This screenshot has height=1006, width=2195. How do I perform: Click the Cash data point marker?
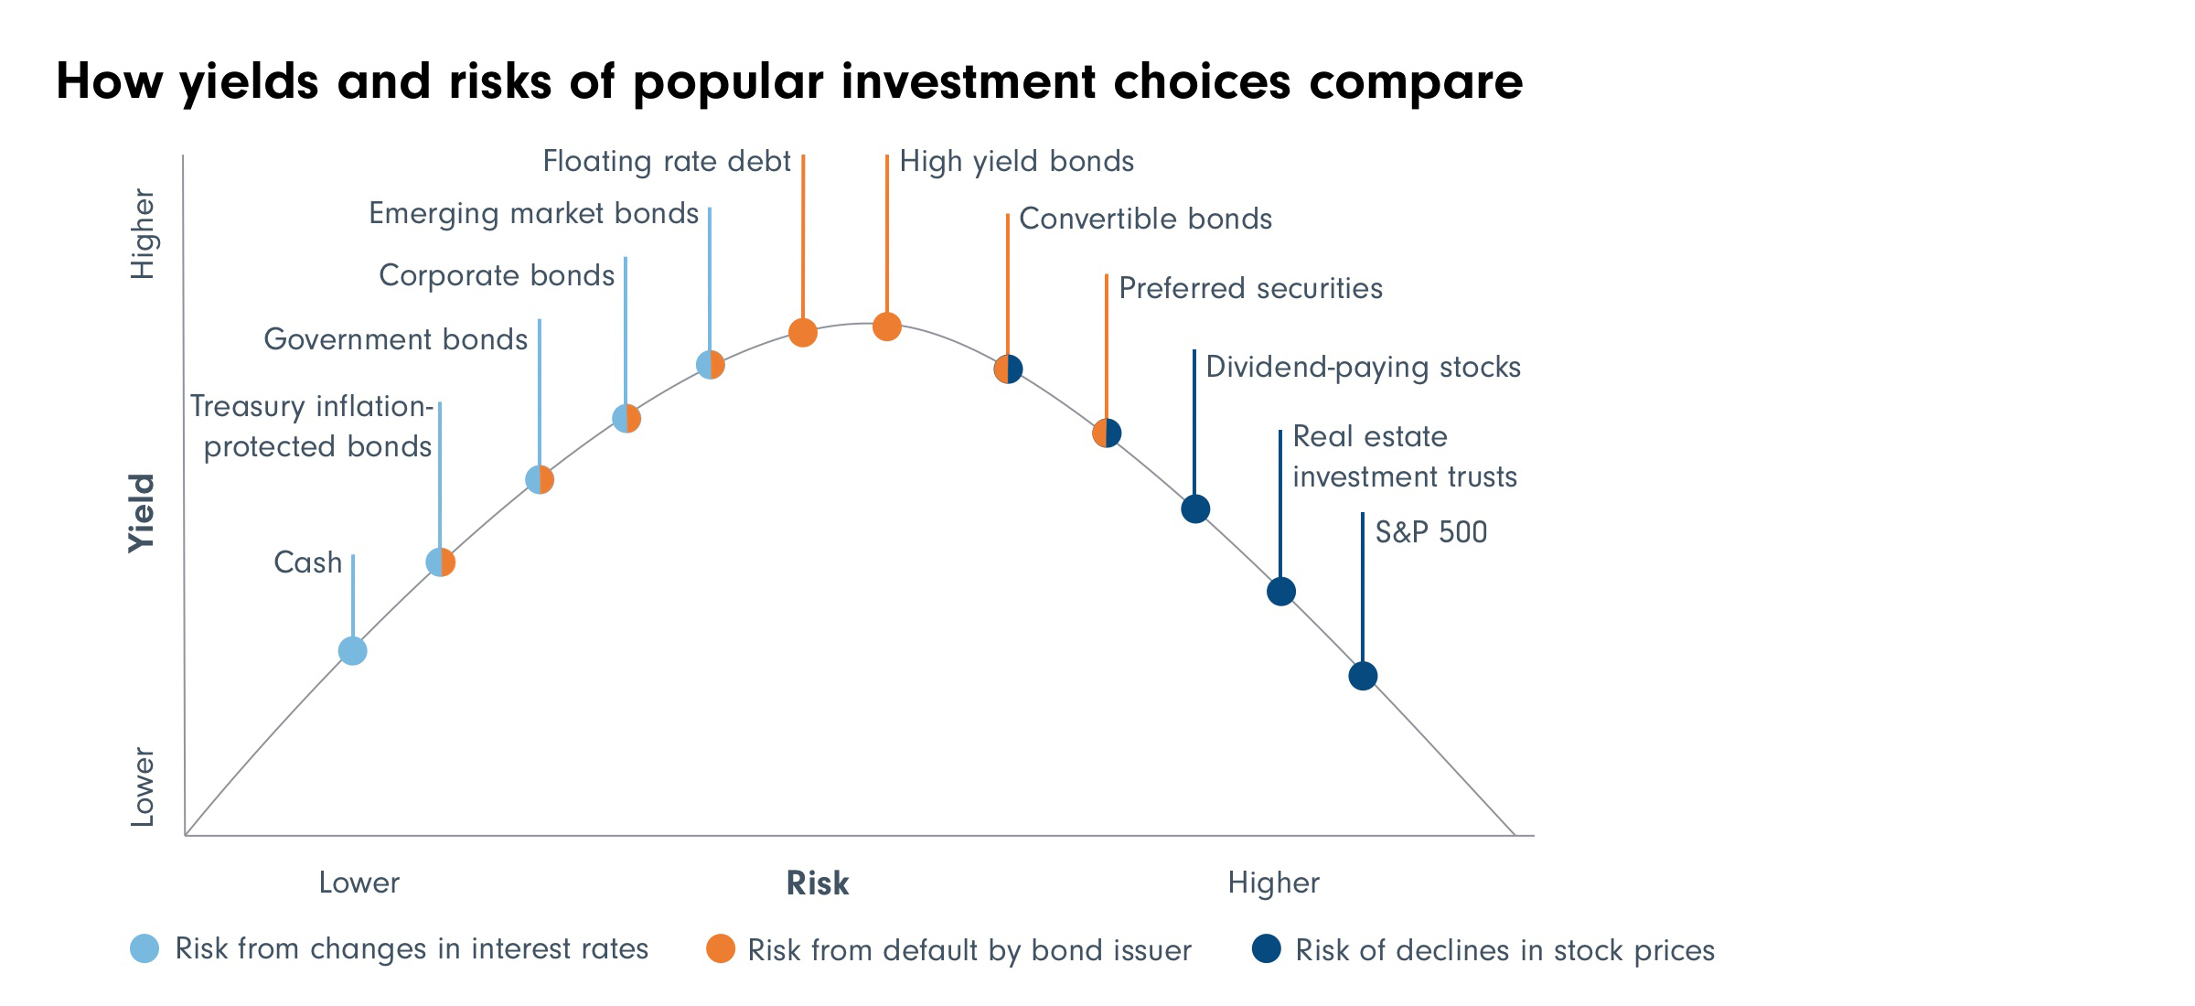[352, 651]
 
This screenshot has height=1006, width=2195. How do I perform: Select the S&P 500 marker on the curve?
[1363, 676]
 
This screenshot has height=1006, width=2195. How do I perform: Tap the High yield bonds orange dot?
[886, 326]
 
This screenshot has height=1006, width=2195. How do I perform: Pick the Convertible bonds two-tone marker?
[1008, 369]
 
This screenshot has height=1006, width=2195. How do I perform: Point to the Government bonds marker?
[540, 479]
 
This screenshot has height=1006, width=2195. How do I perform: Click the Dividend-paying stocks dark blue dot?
[1195, 508]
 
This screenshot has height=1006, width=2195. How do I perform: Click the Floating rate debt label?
[666, 162]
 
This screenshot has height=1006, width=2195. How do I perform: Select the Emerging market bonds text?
[533, 214]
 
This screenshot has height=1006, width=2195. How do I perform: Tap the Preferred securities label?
[1250, 289]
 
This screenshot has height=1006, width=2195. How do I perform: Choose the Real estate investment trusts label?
[1404, 456]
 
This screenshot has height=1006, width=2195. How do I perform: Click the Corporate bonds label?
[497, 276]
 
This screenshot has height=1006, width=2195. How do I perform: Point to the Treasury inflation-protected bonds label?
[312, 426]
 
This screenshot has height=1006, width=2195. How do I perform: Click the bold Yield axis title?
[142, 513]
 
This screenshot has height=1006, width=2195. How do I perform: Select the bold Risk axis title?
[818, 883]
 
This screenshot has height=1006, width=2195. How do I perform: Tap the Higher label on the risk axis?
[1273, 883]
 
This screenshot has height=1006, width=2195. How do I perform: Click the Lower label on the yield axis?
[143, 787]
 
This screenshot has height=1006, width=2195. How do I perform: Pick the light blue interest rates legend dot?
[145, 948]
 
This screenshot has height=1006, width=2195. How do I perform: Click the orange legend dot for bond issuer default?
[721, 948]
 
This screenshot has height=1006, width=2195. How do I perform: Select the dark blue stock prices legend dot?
[1267, 948]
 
